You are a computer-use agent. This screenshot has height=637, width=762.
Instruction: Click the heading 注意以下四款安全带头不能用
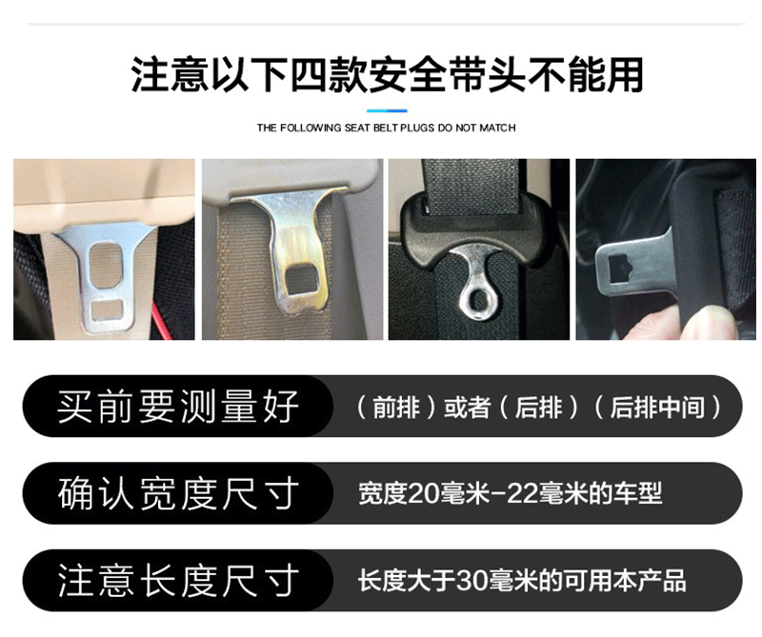[387, 75]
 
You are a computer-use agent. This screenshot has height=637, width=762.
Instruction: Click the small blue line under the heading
[387, 110]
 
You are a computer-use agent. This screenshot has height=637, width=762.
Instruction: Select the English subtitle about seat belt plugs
[387, 128]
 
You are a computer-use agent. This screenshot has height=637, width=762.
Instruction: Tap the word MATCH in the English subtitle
[497, 128]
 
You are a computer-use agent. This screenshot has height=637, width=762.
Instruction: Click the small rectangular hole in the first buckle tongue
[108, 309]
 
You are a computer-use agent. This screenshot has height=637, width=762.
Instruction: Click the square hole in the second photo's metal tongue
[301, 280]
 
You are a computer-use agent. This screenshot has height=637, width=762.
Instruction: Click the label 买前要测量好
[178, 407]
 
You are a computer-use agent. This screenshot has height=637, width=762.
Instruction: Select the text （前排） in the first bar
[396, 408]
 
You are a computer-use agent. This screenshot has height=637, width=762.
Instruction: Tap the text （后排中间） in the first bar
[657, 408]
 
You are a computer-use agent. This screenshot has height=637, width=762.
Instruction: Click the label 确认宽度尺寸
[178, 493]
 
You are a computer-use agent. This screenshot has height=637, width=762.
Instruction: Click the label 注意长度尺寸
[178, 581]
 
